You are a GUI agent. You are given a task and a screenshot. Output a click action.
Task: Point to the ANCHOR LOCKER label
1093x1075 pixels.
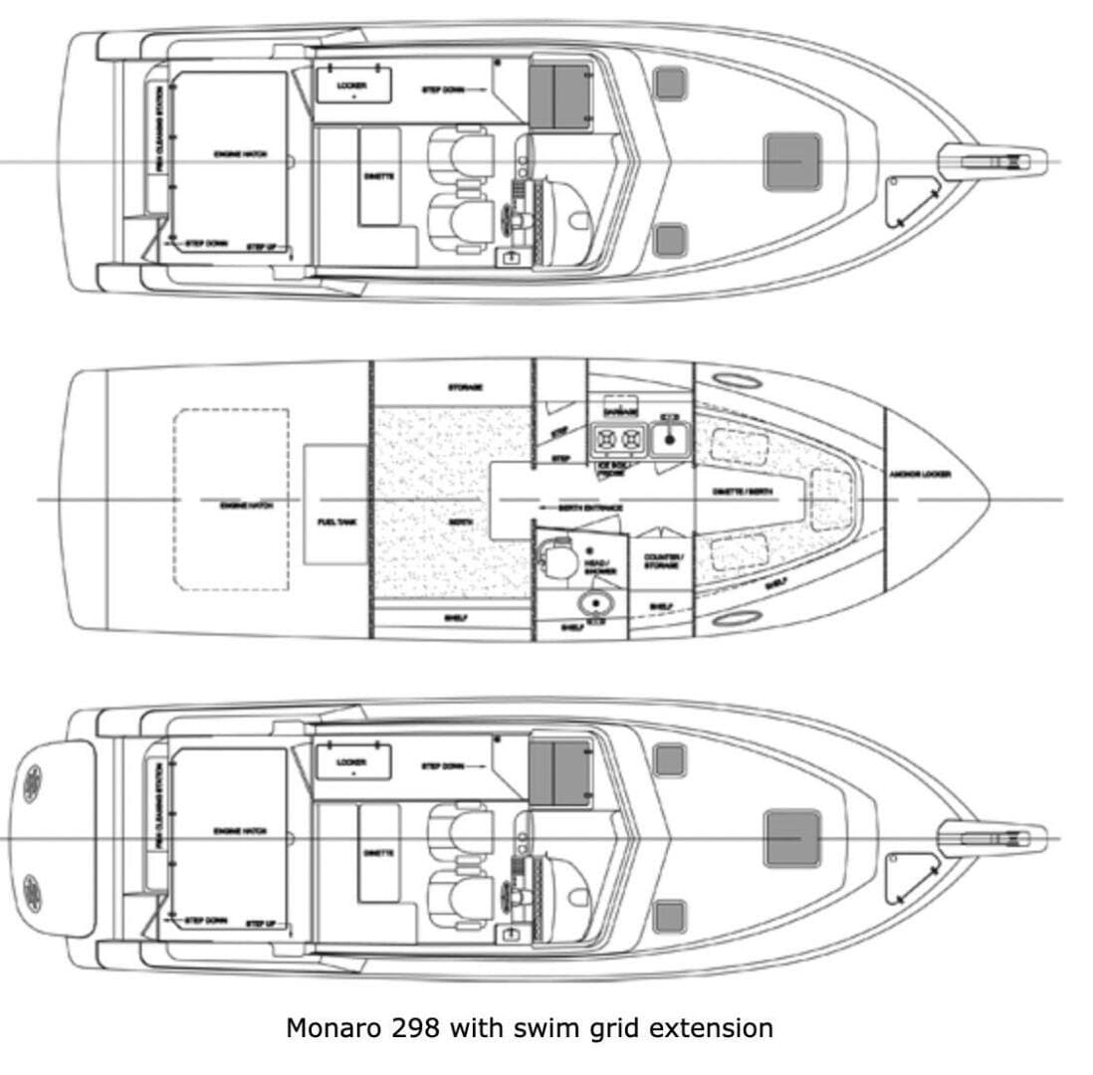coord(920,474)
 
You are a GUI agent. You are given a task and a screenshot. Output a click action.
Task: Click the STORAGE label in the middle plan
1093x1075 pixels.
coord(466,387)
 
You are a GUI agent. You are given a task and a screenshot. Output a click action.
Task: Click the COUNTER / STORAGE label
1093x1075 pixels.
coord(661,562)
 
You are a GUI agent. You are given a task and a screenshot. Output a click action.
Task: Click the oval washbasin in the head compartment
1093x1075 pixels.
coord(596,602)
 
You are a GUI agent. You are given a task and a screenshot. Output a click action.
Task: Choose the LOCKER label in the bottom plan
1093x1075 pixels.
coord(351,762)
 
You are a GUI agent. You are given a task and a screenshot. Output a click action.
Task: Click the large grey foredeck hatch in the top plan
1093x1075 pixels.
coord(792,161)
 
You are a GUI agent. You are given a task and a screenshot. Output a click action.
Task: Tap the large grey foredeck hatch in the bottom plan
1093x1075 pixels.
coord(792,838)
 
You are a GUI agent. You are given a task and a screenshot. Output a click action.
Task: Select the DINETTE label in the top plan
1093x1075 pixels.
coord(379,175)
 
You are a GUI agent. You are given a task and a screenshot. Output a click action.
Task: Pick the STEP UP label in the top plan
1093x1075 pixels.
coord(261,246)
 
